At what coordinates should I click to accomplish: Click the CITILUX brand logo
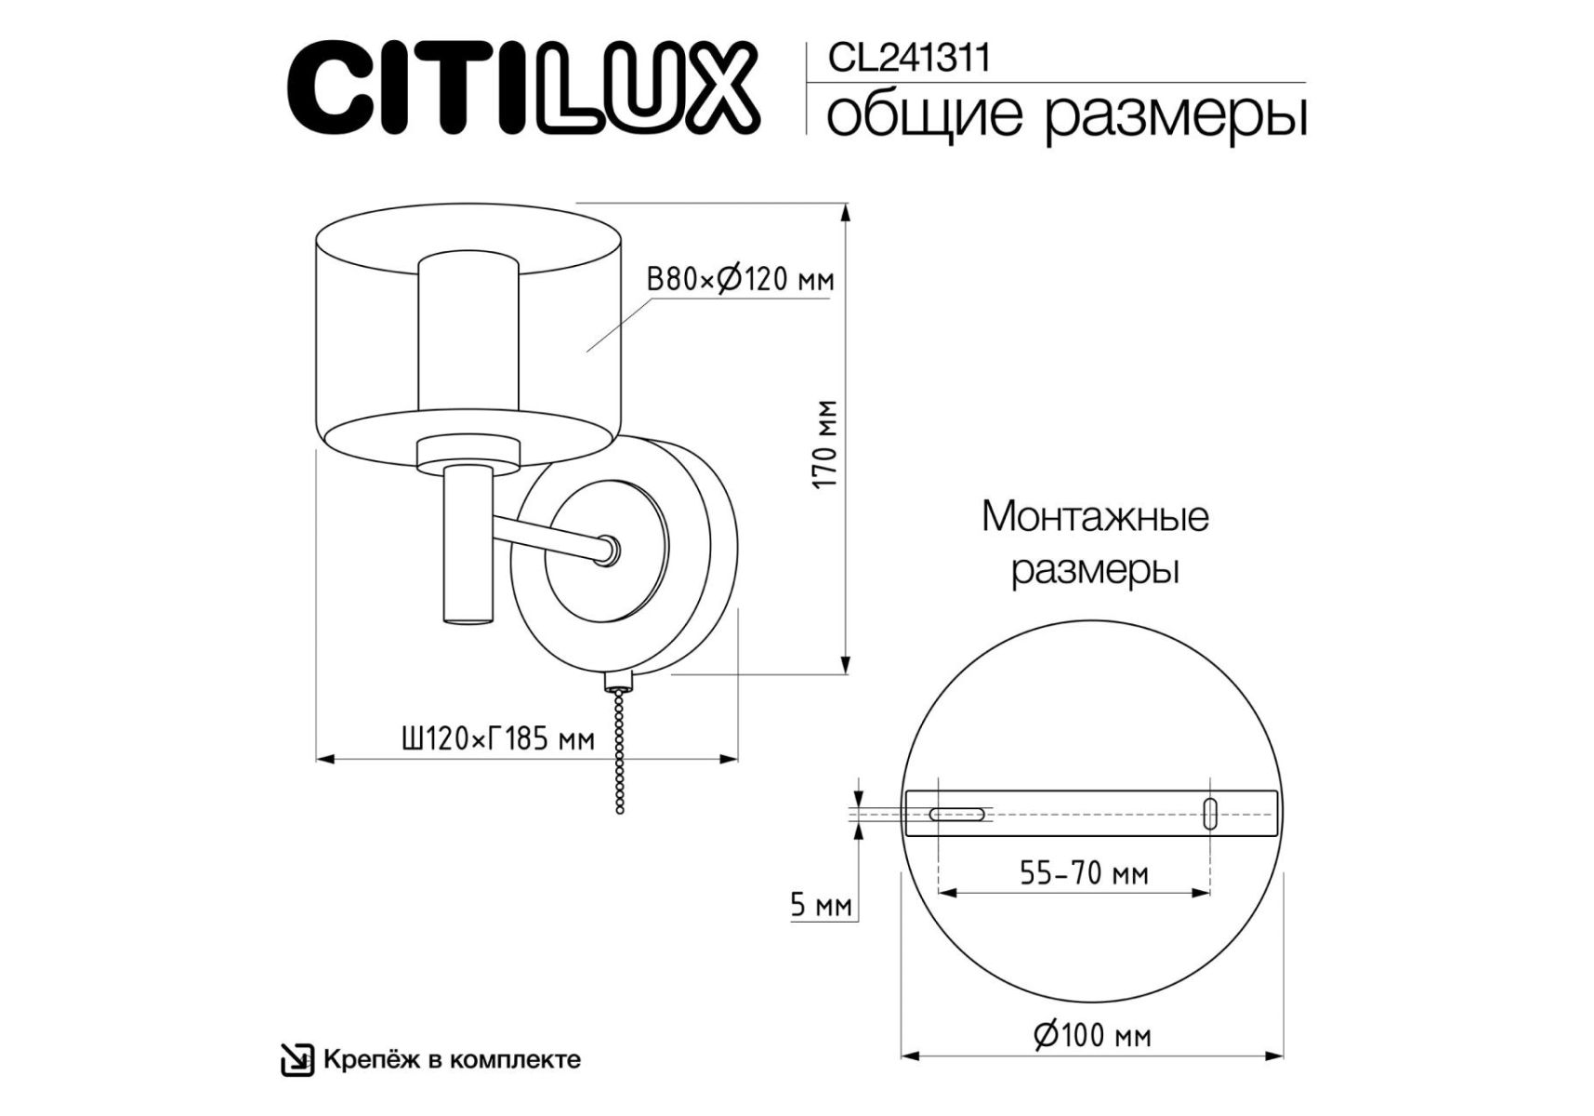[x=524, y=88]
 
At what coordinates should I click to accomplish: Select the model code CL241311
[x=909, y=59]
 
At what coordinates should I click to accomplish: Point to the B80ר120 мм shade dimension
[x=740, y=279]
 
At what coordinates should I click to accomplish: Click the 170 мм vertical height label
[x=825, y=445]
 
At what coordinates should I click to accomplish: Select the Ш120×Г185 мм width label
[x=497, y=739]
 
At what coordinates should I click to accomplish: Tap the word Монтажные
[x=1095, y=516]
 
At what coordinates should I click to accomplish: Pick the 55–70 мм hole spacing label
[x=1084, y=873]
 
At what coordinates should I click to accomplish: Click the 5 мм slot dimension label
[x=821, y=905]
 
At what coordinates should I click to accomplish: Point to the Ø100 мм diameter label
[x=1092, y=1035]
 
